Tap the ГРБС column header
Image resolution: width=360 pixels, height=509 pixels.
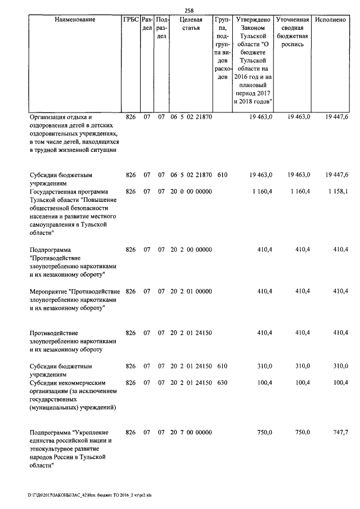130,20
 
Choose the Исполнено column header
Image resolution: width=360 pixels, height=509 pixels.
331,20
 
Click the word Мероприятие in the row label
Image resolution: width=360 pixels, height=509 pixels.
48,291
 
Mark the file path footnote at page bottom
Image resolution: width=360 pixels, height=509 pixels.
90,496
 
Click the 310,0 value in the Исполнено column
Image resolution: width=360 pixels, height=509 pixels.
340,367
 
